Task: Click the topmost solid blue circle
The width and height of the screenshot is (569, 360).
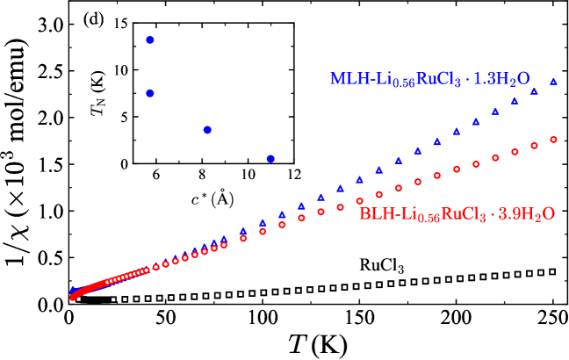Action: click(150, 40)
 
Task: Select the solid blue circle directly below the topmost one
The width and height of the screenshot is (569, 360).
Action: click(150, 93)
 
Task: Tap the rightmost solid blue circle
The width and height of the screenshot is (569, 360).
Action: click(270, 159)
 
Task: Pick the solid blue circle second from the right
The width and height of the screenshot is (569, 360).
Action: click(207, 130)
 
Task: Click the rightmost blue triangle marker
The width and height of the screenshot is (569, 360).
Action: click(553, 82)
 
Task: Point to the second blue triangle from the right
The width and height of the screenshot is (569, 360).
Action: click(534, 91)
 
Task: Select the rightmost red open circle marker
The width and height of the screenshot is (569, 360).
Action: click(553, 140)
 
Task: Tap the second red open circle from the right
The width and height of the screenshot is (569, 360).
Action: click(534, 146)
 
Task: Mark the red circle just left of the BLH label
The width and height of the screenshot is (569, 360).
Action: click(359, 201)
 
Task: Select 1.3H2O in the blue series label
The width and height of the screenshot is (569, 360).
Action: click(501, 79)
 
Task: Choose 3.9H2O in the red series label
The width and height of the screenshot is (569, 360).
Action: click(527, 214)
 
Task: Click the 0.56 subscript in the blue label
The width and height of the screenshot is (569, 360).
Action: click(403, 84)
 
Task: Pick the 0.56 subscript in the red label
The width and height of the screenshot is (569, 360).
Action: click(429, 220)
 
